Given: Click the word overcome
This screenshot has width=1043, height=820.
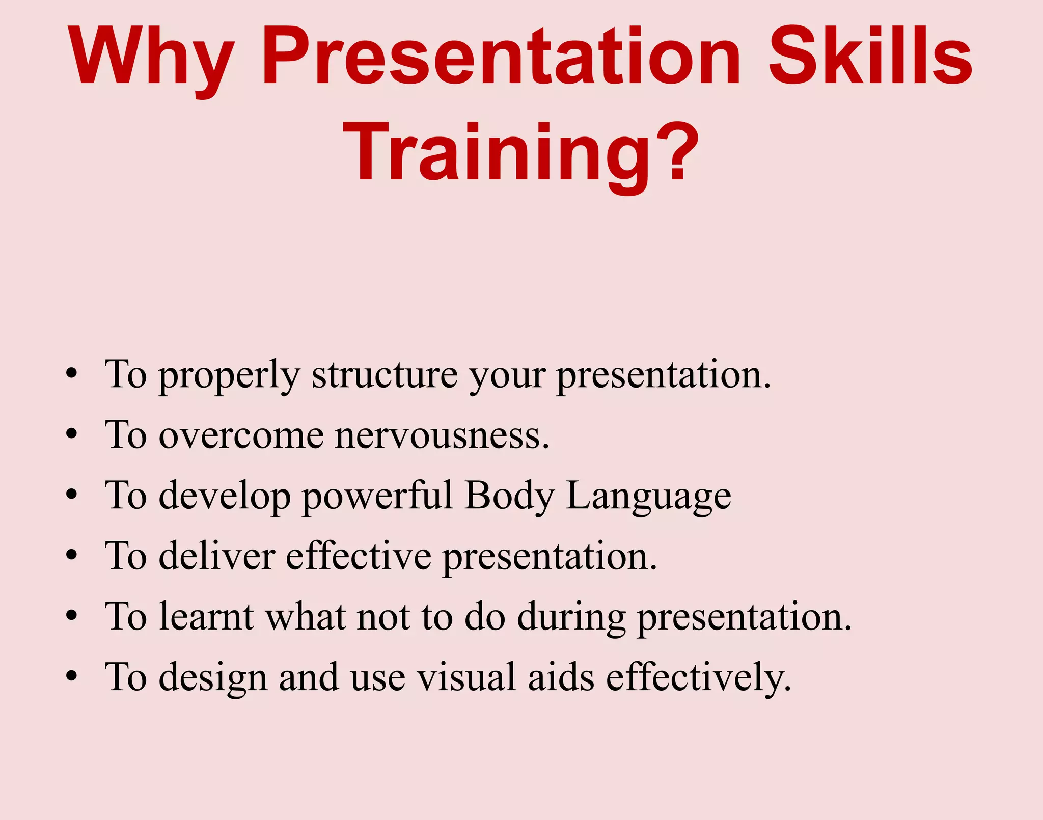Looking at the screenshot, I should tap(241, 436).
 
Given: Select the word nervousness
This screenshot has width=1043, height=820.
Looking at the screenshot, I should tap(442, 436).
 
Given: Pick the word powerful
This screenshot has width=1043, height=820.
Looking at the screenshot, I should tap(377, 497).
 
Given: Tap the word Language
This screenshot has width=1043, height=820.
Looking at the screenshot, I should tap(648, 497).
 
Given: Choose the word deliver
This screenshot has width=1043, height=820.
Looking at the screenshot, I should tap(217, 556).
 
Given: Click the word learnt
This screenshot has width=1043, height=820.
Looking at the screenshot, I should tap(206, 617).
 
